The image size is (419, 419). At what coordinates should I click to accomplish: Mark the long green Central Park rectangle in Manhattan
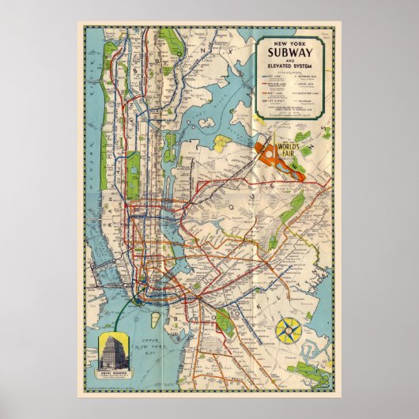point(133,166)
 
